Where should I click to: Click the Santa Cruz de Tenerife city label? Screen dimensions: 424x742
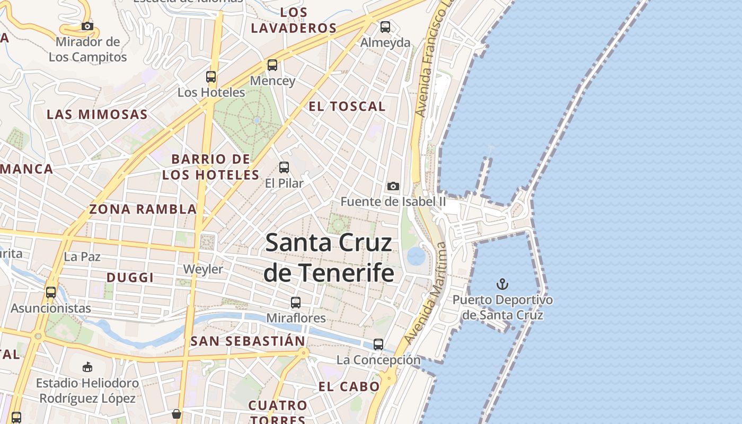(329, 258)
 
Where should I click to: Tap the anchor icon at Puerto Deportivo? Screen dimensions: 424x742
(502, 285)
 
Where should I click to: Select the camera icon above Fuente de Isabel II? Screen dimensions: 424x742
(393, 186)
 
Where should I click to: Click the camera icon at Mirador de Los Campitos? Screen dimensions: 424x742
(87, 26)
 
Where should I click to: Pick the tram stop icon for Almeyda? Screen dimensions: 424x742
(385, 26)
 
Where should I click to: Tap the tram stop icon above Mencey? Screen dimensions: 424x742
(272, 65)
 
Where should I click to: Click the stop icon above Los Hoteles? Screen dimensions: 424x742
(211, 77)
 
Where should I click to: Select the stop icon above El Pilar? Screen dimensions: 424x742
(284, 167)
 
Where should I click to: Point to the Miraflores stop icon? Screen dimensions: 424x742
(296, 303)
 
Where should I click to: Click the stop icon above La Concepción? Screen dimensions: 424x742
(378, 344)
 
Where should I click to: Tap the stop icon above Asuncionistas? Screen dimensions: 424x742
(51, 293)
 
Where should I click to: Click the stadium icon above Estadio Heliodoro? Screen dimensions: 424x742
(87, 367)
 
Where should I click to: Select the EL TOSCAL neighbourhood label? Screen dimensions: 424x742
(347, 107)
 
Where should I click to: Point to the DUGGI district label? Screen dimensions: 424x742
(130, 278)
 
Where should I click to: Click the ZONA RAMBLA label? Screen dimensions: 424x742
(143, 209)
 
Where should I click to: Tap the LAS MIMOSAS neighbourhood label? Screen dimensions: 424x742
(97, 114)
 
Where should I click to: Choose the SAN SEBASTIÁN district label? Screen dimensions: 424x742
(248, 341)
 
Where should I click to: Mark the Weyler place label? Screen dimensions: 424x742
(203, 269)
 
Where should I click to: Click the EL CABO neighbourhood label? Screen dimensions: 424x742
(349, 387)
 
